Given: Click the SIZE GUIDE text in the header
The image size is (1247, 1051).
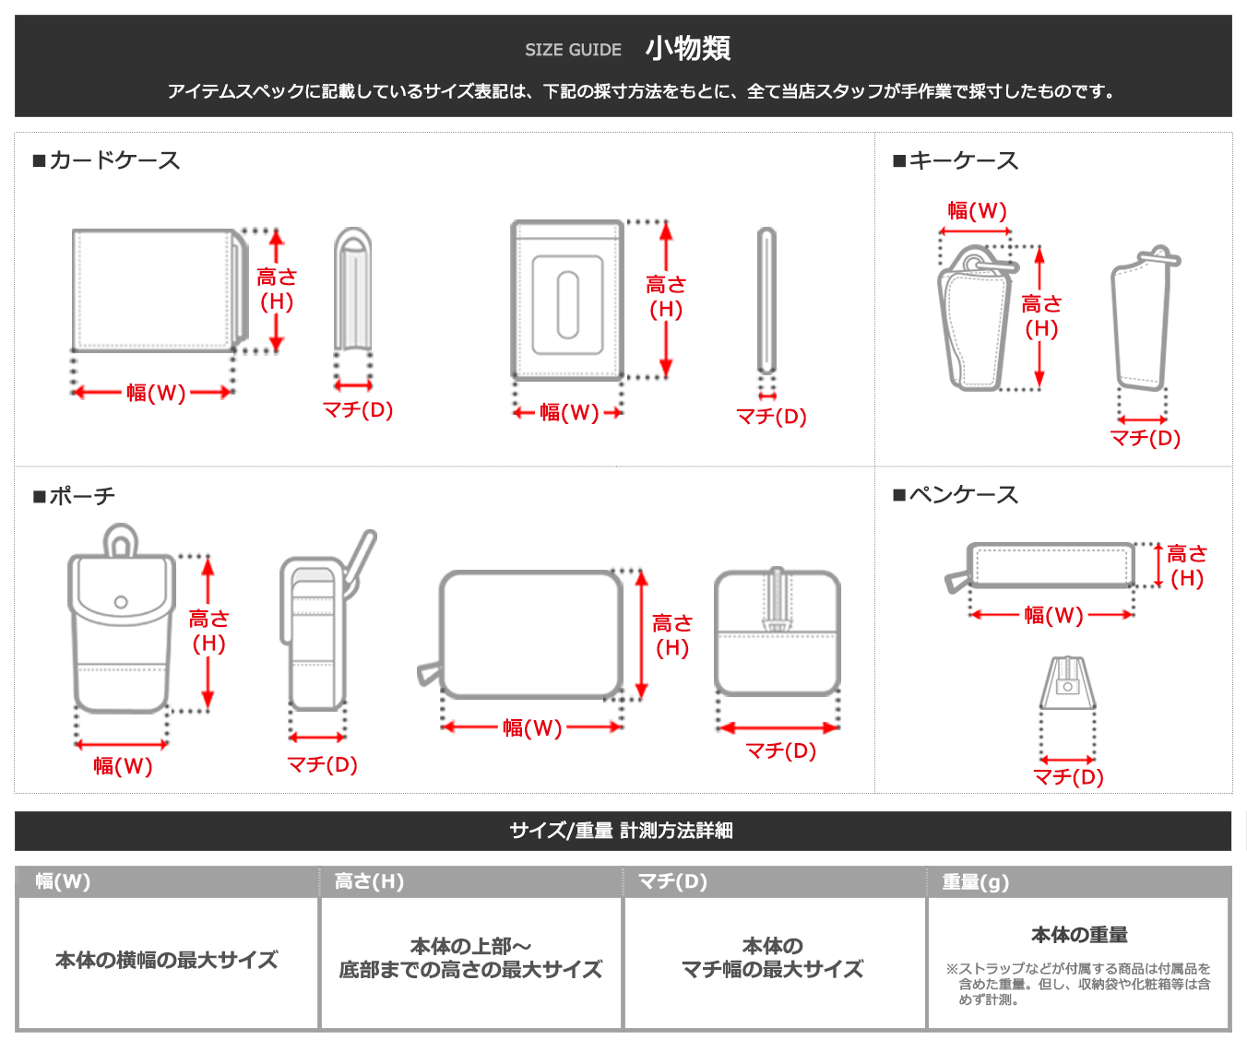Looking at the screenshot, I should pyautogui.click(x=573, y=50).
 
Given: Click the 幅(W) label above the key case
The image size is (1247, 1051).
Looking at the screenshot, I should pyautogui.click(x=977, y=211).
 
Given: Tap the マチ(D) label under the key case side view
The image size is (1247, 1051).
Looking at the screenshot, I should pyautogui.click(x=1145, y=438).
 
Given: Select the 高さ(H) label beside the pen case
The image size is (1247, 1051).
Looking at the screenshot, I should pyautogui.click(x=1187, y=566).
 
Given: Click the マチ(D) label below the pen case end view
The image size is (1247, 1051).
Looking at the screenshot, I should pyautogui.click(x=1068, y=776).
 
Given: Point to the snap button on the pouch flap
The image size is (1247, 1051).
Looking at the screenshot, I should pyautogui.click(x=121, y=602).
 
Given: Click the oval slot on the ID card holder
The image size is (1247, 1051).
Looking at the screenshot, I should pyautogui.click(x=568, y=304).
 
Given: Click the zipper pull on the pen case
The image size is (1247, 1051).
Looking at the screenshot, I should pyautogui.click(x=956, y=581).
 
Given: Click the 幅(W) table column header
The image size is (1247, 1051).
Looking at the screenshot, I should pyautogui.click(x=63, y=881).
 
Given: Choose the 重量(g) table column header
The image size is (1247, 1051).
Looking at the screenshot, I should pyautogui.click(x=975, y=882).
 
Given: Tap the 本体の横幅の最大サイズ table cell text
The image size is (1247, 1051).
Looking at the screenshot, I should pyautogui.click(x=166, y=960).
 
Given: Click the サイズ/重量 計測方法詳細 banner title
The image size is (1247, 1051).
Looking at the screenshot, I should pyautogui.click(x=622, y=831).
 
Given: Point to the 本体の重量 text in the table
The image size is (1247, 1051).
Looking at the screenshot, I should pyautogui.click(x=1079, y=935).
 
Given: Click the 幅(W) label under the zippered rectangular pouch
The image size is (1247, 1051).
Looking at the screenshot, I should pyautogui.click(x=532, y=728).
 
